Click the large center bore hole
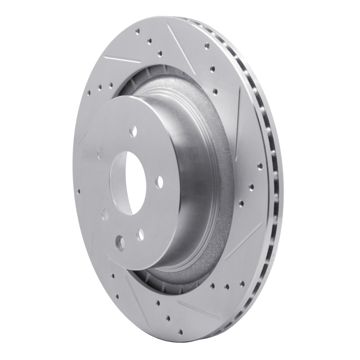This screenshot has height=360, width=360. pos(130,175)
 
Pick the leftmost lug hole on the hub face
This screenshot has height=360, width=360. pos(100,154)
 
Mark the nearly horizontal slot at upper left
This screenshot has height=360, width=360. pos(121,58)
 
